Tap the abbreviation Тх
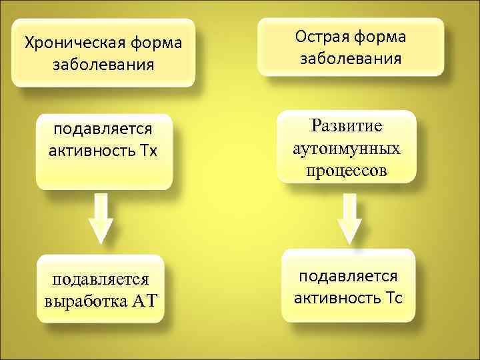pos(149,150)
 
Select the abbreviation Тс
pos(393,297)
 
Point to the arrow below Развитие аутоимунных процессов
pos(349,219)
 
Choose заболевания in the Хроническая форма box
pos(104,65)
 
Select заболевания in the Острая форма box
pos(351,59)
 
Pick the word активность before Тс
pos(337,297)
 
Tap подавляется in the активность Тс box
pos(348,275)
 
